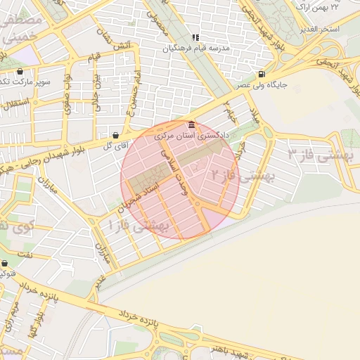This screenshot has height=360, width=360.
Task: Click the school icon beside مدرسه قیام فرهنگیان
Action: [x=196, y=37]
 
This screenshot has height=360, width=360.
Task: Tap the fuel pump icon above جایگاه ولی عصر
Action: [x=262, y=75]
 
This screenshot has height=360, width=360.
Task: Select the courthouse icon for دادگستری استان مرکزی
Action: [x=192, y=124]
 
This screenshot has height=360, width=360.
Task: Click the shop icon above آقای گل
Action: [x=115, y=134]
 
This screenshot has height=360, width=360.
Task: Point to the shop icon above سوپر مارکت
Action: [x=20, y=71]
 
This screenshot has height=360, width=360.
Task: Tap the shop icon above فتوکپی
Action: [x=4, y=264]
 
